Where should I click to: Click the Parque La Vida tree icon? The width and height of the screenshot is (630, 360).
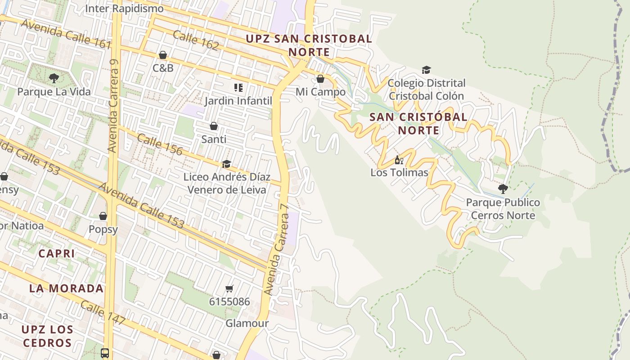coord(54,78)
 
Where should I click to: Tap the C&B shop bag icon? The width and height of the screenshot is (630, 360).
coord(163,55)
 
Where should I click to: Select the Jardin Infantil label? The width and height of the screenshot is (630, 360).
coord(238,100)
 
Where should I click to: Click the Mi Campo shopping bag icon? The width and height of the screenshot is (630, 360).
coord(320,79)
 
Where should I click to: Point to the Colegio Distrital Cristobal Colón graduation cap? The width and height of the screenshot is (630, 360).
coord(426,70)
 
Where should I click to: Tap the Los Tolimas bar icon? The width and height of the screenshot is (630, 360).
coord(399,160)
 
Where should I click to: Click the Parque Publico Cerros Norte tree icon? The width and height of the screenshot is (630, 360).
coord(503,189)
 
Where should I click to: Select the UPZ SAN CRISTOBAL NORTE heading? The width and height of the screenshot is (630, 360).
coord(309,45)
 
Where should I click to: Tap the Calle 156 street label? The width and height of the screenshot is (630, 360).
coord(160,144)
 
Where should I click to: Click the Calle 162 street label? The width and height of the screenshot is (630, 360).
coord(196,40)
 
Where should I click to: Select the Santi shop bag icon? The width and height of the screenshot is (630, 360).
coord(214,126)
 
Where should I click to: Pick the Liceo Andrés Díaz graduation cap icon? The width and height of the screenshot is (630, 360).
coord(226,164)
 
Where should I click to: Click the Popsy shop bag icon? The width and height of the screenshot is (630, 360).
coord(103,216)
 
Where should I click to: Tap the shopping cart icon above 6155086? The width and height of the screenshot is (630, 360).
coord(229,288)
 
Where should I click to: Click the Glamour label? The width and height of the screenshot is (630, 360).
coord(247,323)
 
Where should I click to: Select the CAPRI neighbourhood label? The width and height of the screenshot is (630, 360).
coord(57,253)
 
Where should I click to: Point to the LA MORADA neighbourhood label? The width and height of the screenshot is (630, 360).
coord(67,288)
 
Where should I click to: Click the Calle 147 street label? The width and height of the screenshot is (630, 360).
coord(103,313)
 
